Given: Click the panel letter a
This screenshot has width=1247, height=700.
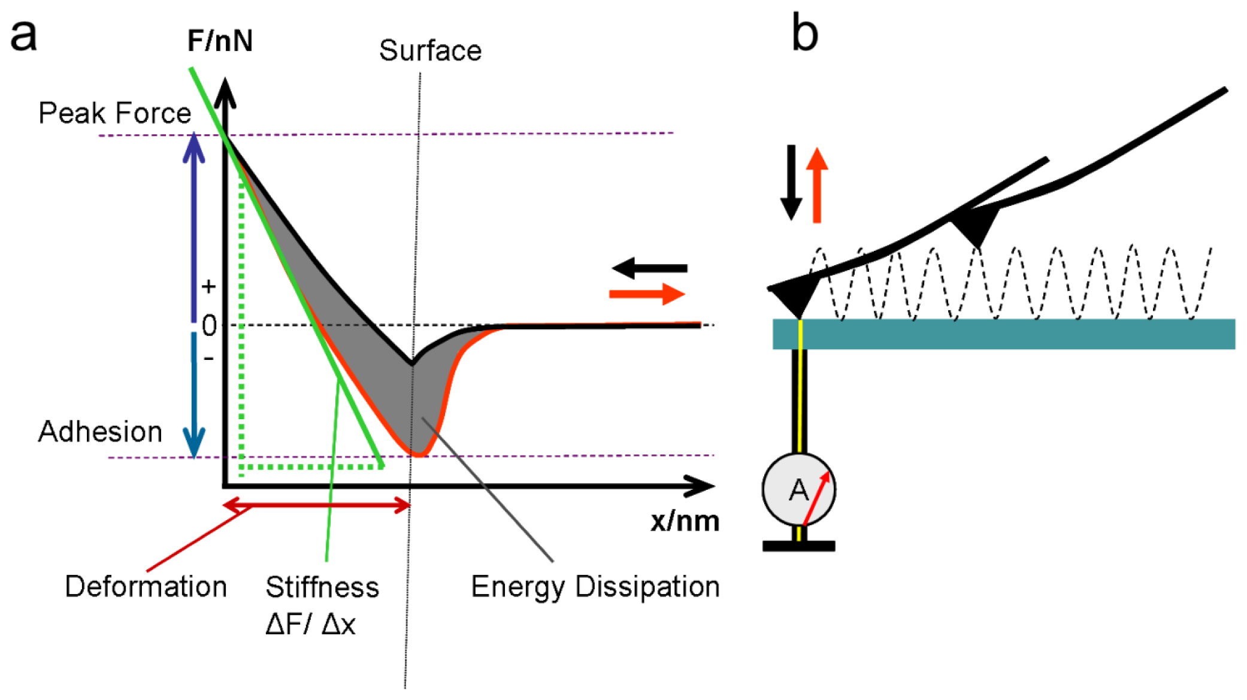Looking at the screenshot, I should click(x=24, y=36).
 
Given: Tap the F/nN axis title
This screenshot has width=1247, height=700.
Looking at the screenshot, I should click(x=220, y=41).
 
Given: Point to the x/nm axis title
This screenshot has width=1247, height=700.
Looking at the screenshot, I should click(x=685, y=521).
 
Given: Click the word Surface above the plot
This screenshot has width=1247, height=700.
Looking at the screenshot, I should click(x=430, y=51).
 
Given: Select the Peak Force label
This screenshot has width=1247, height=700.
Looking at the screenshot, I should click(x=114, y=113).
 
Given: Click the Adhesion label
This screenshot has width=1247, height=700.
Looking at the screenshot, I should click(x=100, y=432).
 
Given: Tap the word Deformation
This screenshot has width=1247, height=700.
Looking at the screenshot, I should click(x=146, y=587).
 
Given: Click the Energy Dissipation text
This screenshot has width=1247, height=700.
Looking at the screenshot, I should click(x=595, y=587).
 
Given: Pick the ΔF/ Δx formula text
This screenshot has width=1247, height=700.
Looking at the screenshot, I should click(x=310, y=625).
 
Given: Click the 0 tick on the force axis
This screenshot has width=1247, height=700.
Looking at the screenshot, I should click(x=209, y=326).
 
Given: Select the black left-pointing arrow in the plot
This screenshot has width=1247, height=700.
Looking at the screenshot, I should click(x=650, y=268).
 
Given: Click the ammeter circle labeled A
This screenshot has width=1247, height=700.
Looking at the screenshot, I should click(x=798, y=490).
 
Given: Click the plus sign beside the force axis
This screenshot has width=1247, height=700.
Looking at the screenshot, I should click(x=208, y=287).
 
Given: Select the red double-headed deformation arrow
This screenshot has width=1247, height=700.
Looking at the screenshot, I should click(x=316, y=506).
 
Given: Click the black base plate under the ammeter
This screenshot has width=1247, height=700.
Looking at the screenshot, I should click(x=798, y=546).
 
